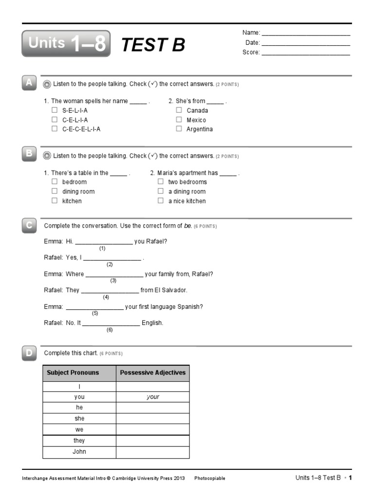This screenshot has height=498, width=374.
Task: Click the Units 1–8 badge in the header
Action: pyautogui.click(x=66, y=43)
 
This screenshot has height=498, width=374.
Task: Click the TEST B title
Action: pyautogui.click(x=153, y=45)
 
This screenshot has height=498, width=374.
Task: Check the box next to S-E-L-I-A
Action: pyautogui.click(x=55, y=110)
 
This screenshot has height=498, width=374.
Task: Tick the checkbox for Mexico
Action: pyautogui.click(x=179, y=120)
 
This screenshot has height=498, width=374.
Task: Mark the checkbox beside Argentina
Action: pyautogui.click(x=179, y=129)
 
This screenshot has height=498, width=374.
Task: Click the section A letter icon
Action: pyautogui.click(x=29, y=83)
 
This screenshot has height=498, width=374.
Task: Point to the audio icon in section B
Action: pyautogui.click(x=47, y=156)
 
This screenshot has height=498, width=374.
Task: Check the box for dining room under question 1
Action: pyautogui.click(x=55, y=191)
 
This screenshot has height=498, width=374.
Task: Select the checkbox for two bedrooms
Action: pyautogui.click(x=161, y=182)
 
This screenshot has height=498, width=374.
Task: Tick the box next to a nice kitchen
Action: pyautogui.click(x=161, y=201)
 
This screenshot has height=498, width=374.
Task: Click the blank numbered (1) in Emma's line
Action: pyautogui.click(x=103, y=241)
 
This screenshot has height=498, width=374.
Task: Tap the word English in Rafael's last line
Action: pyautogui.click(x=152, y=322)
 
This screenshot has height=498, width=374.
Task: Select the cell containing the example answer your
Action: pyautogui.click(x=152, y=397)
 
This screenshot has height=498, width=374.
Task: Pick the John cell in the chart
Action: pyautogui.click(x=79, y=452)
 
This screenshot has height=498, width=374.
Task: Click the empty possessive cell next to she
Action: pyautogui.click(x=152, y=419)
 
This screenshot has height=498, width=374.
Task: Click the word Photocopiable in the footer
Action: pyautogui.click(x=209, y=479)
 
